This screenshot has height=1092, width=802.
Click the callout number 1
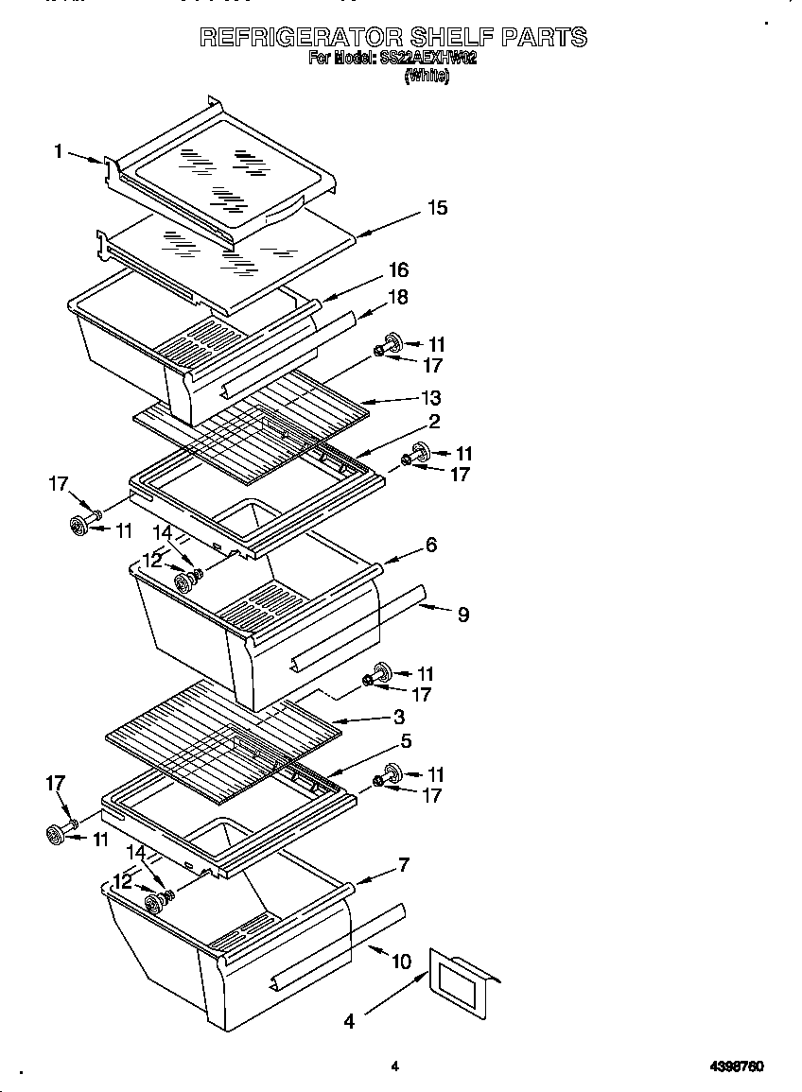pyautogui.click(x=59, y=150)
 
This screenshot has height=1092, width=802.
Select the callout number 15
pyautogui.click(x=437, y=208)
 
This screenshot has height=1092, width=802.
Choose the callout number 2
pyautogui.click(x=434, y=421)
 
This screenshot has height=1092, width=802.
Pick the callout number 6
pyautogui.click(x=431, y=545)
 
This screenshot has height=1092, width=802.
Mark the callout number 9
pyautogui.click(x=462, y=615)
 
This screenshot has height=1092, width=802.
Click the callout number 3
pyautogui.click(x=399, y=718)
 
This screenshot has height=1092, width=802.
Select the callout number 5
pyautogui.click(x=405, y=742)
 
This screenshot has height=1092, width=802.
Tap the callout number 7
pyautogui.click(x=404, y=864)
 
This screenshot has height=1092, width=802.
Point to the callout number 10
pyautogui.click(x=401, y=962)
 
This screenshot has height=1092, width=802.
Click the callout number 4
pyautogui.click(x=349, y=1021)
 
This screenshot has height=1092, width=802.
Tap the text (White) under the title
pyautogui.click(x=427, y=78)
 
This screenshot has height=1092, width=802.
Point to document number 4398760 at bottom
pyautogui.click(x=736, y=1066)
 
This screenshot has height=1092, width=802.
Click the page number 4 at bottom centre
pyautogui.click(x=395, y=1066)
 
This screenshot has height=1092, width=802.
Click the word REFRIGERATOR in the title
pyautogui.click(x=300, y=37)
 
